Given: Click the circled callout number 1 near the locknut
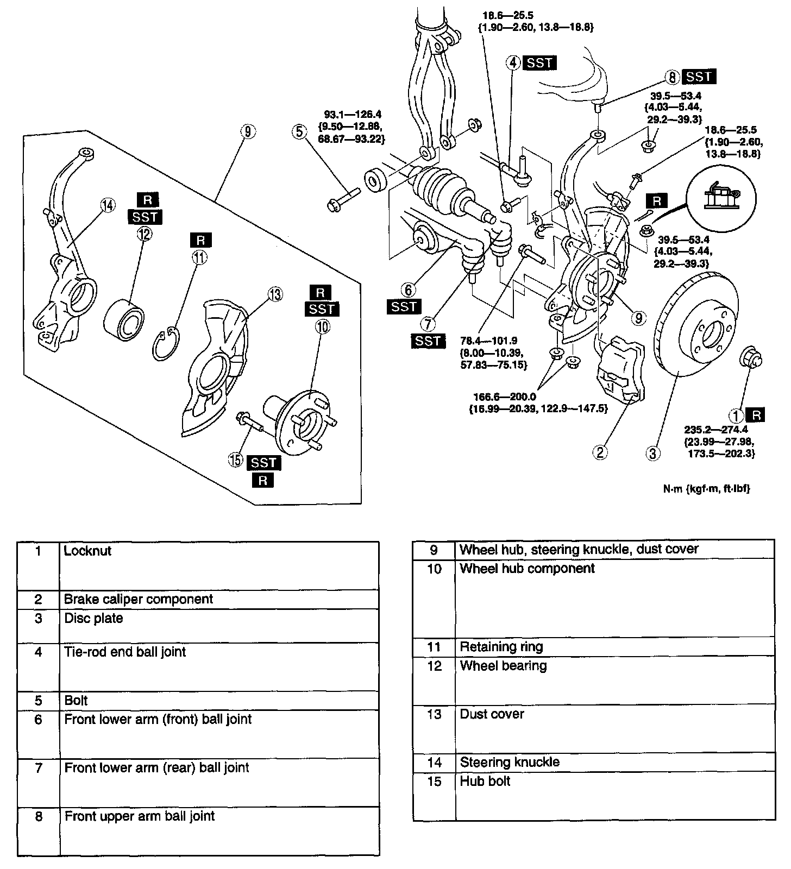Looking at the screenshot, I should [736, 416].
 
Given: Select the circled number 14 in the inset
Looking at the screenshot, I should [108, 205].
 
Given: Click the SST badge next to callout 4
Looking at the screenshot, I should [540, 63].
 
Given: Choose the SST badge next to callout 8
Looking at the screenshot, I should [699, 77].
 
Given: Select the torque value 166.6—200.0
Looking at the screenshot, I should [505, 396].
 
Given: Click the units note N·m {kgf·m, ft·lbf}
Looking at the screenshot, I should [706, 488].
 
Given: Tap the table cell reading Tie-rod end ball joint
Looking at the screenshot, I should [125, 652].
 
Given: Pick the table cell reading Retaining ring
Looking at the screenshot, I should [501, 647].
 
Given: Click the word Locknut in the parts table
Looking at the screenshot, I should [87, 551].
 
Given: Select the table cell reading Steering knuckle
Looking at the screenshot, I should [510, 762].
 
